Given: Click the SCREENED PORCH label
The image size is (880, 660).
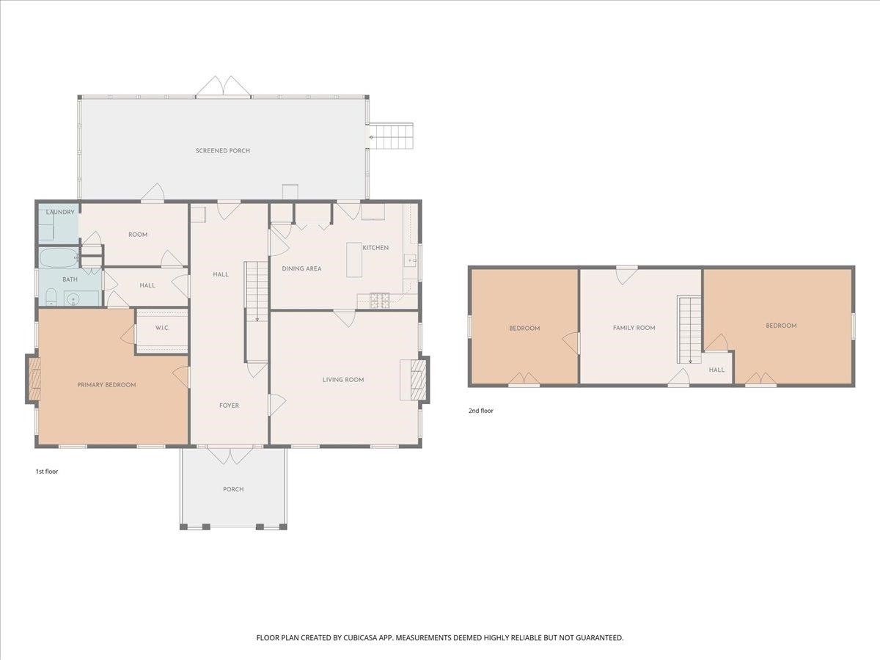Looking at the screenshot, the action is pos(222,150).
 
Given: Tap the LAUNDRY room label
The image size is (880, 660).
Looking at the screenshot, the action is pos(60,212).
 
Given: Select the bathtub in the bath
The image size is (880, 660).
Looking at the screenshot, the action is pos(59,258).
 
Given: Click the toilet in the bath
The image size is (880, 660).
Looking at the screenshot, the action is pos(51,297).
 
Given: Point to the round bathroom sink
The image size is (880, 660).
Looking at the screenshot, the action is pos(73,299).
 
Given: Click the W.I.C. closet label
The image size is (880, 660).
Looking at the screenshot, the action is pos(162,328).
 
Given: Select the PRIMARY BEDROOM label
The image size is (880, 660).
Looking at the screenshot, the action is pos(106,385).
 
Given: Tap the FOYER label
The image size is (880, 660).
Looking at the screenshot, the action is pos(229,406).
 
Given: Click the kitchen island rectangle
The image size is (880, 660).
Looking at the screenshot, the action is pos(354,260).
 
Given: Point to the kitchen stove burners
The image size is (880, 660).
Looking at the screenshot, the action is pos(379,301).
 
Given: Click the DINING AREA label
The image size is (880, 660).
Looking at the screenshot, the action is pos(301,268).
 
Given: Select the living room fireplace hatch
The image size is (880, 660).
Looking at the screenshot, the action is pos(418,380).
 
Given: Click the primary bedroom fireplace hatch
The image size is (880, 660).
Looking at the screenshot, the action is pos(34,379).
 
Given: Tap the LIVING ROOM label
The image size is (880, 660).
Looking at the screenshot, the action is pos(343,379).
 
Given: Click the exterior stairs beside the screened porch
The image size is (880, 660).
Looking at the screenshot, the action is pos(392,136).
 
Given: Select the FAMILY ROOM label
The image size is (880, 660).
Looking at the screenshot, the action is pos(634,328).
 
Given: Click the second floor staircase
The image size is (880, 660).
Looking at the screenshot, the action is pos(689,329).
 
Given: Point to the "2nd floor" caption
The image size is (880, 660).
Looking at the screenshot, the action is pos(480,411).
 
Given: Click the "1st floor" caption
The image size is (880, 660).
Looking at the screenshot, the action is pos(47,472).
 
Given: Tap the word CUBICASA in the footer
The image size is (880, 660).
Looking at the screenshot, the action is pos(361,637).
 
